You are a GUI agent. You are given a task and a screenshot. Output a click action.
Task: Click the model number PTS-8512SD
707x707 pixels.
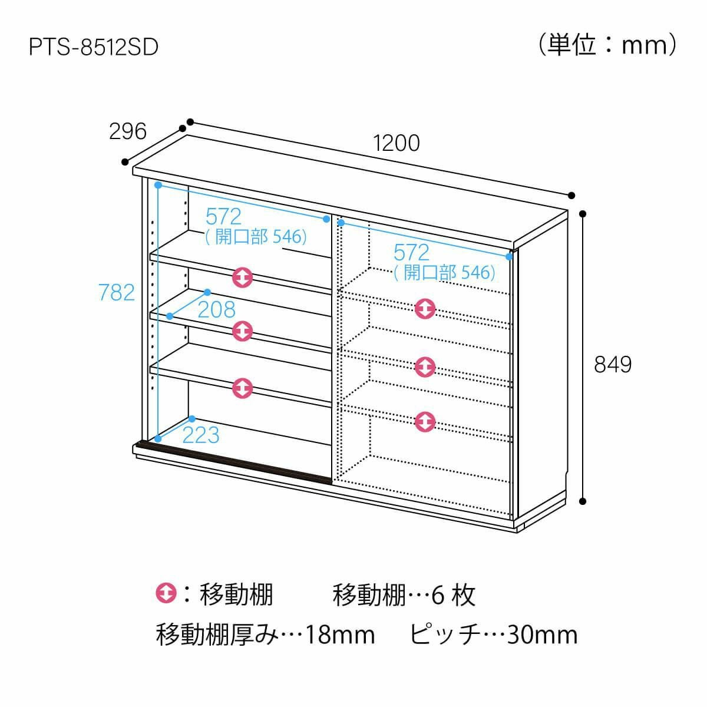click(94, 47)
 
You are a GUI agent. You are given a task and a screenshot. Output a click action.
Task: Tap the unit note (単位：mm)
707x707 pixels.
click(607, 45)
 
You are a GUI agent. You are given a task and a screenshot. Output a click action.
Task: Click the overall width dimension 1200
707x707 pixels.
click(397, 143)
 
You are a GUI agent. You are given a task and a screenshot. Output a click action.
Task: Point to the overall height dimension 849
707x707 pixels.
click(613, 365)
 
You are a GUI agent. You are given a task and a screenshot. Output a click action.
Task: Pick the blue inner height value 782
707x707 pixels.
click(117, 293)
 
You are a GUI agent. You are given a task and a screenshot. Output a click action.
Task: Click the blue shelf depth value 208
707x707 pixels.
click(216, 310)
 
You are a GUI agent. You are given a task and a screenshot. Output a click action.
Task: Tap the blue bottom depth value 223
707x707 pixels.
click(201, 435)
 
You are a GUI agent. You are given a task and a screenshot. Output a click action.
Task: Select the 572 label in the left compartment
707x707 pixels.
click(223, 216)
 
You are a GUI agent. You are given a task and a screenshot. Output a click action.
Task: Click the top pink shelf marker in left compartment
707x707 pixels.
click(243, 277)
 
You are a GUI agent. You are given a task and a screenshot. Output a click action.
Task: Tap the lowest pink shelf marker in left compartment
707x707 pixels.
click(243, 388)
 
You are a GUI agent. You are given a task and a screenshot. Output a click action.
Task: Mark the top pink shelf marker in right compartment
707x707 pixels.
click(425, 309)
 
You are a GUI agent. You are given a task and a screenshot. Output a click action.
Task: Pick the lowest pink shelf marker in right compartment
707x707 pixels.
click(425, 422)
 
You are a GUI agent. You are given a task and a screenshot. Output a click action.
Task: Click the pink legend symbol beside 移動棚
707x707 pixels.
click(166, 593)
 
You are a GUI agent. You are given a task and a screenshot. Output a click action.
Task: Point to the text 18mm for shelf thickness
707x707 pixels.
click(340, 635)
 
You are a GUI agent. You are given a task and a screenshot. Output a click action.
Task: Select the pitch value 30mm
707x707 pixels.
click(542, 635)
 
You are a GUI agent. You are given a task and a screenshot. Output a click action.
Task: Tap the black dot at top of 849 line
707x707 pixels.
click(582, 213)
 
